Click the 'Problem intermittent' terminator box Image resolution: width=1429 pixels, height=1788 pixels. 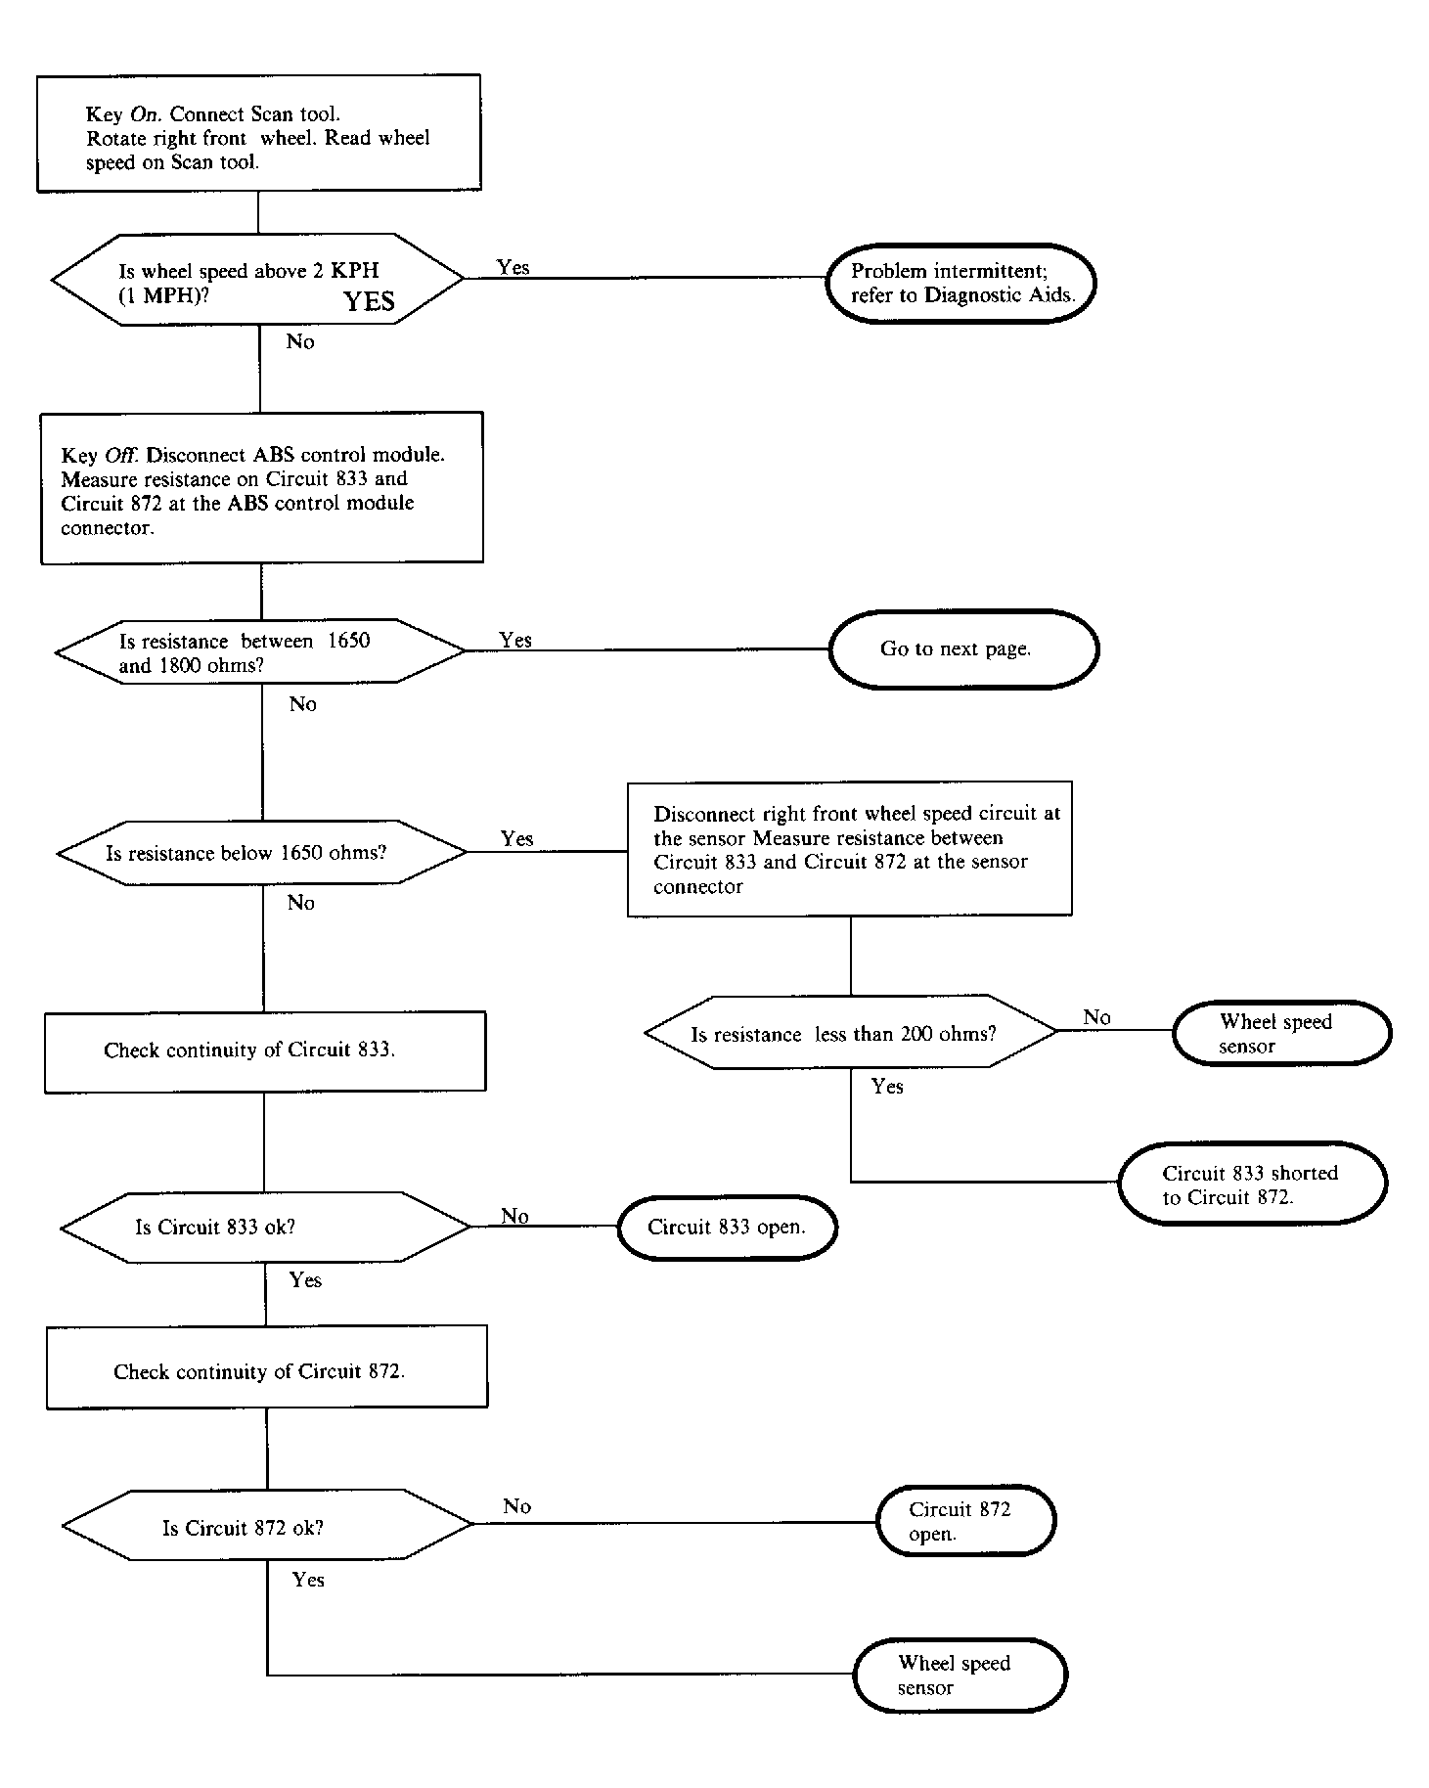pyautogui.click(x=960, y=284)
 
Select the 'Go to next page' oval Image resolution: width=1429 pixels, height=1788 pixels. pyautogui.click(x=963, y=649)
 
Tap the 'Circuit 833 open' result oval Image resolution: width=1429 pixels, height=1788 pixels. pyautogui.click(x=727, y=1228)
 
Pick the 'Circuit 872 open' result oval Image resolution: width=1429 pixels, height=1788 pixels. pyautogui.click(x=966, y=1521)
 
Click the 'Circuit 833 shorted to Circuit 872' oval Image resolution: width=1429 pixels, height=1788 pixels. pyautogui.click(x=1252, y=1183)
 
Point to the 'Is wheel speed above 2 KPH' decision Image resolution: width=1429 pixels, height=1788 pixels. pyautogui.click(x=257, y=280)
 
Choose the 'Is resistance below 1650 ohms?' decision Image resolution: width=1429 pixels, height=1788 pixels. pyautogui.click(x=262, y=853)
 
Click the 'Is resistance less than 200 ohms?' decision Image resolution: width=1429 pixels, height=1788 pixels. pyautogui.click(x=851, y=1033)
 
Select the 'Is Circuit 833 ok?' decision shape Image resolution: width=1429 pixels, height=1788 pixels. pyautogui.click(x=266, y=1228)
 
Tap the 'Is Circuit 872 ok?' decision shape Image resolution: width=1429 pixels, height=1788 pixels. pyautogui.click(x=268, y=1526)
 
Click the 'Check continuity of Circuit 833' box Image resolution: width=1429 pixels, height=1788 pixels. pyautogui.click(x=265, y=1051)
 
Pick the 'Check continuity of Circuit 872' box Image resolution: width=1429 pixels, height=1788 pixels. pyautogui.click(x=267, y=1367)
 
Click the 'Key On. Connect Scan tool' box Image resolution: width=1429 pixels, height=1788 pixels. pyautogui.click(x=258, y=133)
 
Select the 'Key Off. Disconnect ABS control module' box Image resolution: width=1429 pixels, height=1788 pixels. pyautogui.click(x=262, y=488)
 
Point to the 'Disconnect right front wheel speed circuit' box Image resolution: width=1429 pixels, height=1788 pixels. pyautogui.click(x=850, y=849)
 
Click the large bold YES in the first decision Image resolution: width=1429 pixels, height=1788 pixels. pyautogui.click(x=369, y=302)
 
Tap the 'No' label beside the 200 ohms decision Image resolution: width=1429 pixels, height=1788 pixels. pyautogui.click(x=1096, y=1017)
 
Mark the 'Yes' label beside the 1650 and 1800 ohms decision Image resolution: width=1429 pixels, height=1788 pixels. pyautogui.click(x=515, y=640)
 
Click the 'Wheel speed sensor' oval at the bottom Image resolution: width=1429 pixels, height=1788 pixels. pyautogui.click(x=960, y=1676)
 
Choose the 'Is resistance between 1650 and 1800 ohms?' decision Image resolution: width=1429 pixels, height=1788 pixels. pyautogui.click(x=260, y=651)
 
